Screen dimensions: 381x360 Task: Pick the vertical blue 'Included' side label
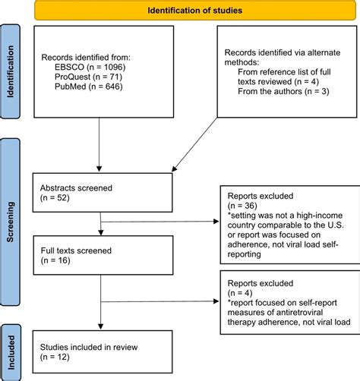(13, 351)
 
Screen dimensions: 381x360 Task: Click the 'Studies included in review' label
(90, 347)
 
